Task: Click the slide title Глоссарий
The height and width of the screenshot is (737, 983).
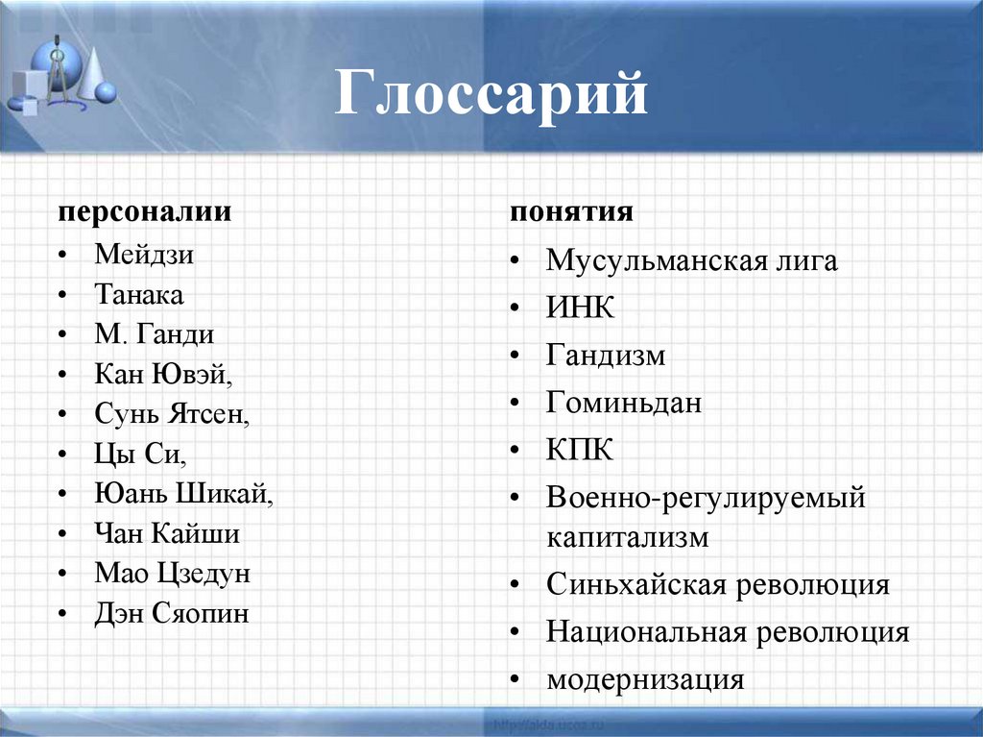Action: tap(491, 96)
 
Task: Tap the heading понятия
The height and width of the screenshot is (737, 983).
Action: tap(570, 211)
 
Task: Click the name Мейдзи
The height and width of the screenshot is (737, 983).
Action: tap(144, 255)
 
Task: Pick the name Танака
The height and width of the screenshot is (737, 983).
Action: tap(139, 294)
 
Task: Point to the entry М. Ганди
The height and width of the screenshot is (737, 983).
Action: tap(155, 334)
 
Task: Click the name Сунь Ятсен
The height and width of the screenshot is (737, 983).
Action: tap(172, 414)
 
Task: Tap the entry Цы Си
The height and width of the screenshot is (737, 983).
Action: tap(140, 454)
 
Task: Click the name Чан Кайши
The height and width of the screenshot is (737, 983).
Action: tap(167, 533)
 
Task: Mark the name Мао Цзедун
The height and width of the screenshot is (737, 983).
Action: tap(172, 574)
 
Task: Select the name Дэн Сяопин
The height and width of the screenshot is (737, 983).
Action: tap(172, 614)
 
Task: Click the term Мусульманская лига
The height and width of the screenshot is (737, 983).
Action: tap(691, 260)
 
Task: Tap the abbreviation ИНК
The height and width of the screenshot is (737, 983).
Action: tap(580, 308)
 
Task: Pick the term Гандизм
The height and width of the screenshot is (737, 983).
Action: tap(606, 356)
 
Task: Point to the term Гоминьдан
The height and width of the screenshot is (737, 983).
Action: tap(624, 403)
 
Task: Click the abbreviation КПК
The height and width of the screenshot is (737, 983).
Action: tap(580, 450)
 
